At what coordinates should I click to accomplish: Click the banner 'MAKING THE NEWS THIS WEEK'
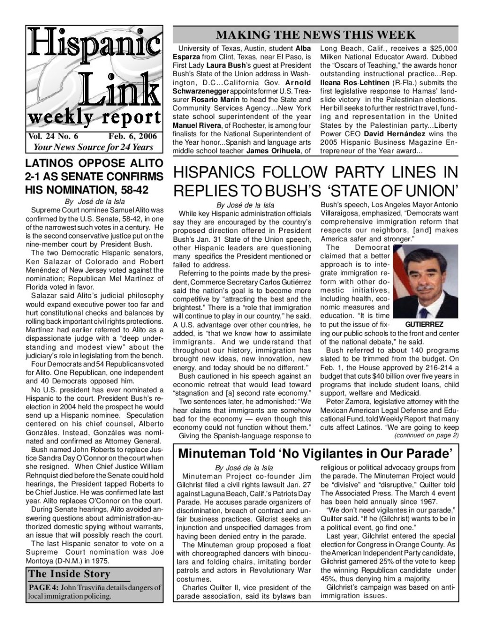tap(315, 35)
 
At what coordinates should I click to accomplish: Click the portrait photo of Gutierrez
tap(425, 282)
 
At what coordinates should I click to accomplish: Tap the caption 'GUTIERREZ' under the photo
tap(424, 325)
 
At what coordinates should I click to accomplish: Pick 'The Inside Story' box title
tap(69, 574)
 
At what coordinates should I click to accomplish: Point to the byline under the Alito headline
tap(95, 201)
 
